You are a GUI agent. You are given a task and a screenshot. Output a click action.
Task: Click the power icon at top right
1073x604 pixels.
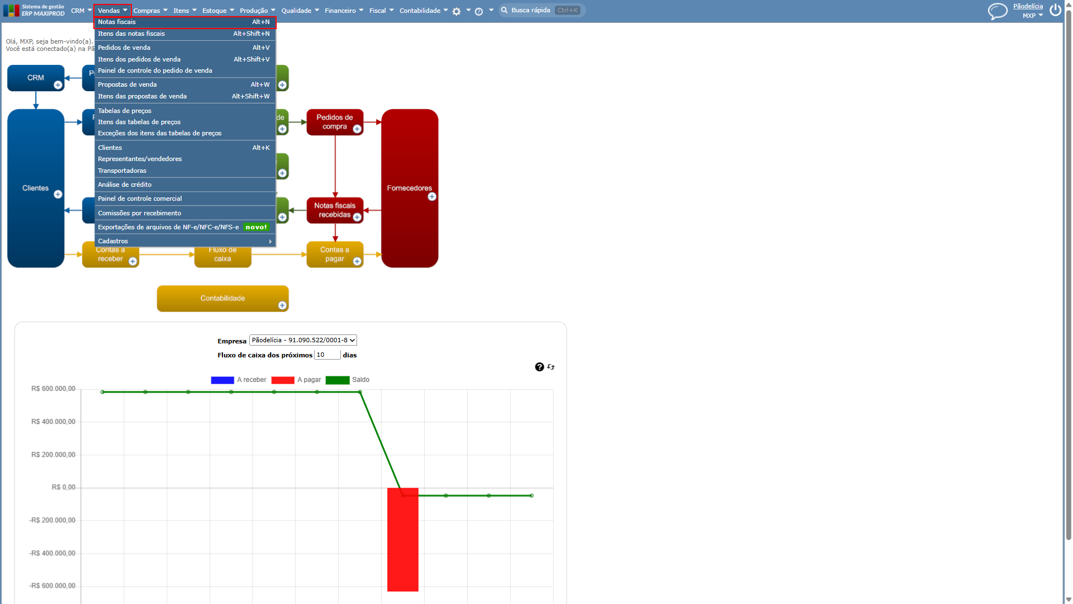point(1055,10)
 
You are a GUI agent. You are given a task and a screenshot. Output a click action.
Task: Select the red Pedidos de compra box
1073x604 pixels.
point(335,122)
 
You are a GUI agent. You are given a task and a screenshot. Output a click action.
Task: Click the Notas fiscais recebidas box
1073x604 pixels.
point(335,210)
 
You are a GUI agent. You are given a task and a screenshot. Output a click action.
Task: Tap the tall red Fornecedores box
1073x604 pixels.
point(410,188)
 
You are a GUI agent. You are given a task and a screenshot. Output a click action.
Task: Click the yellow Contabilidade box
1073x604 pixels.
point(222,299)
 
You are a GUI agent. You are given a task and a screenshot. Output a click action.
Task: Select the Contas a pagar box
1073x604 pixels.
point(335,254)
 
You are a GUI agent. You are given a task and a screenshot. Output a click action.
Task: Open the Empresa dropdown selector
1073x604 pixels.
point(303,340)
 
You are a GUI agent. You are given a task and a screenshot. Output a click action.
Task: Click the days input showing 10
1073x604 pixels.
point(327,355)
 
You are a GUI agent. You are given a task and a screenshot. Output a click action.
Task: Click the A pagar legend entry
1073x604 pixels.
point(296,380)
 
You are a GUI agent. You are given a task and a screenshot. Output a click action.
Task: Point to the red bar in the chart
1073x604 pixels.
point(403,540)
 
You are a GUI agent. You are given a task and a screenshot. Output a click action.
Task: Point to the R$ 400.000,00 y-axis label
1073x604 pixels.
point(53,422)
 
